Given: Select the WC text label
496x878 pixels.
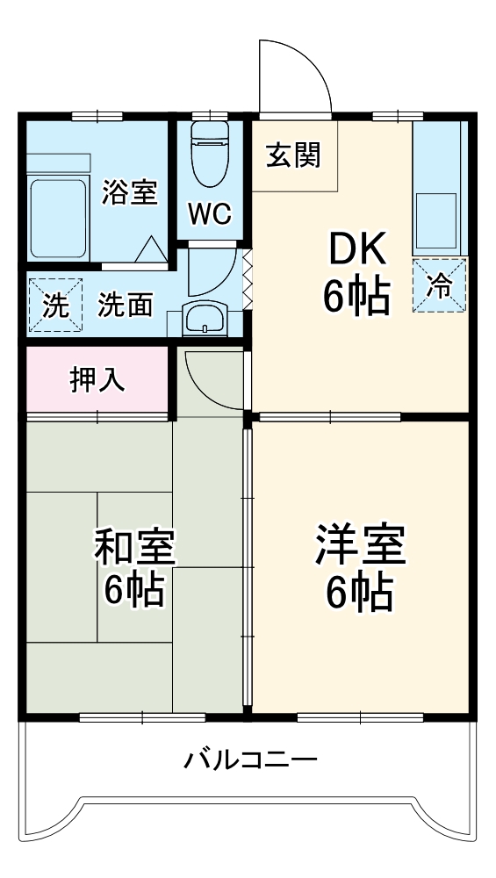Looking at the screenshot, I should pos(208,213).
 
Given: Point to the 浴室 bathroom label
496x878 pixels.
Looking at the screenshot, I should pos(129,192).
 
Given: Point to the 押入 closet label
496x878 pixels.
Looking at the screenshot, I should pos(97,379).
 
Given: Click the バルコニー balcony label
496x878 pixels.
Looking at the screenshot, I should pos(249,759).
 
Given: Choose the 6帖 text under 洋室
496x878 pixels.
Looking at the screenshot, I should pos(359,594).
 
